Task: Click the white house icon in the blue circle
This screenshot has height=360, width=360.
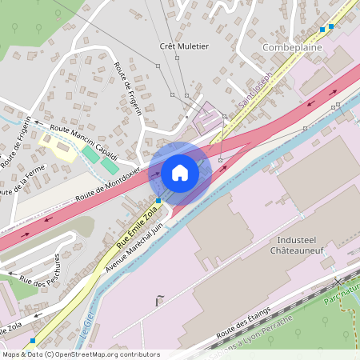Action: point(180,172)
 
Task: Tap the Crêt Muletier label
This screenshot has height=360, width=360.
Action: point(184,46)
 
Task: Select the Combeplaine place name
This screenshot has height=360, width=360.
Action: point(292,48)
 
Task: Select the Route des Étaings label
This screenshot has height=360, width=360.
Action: point(243,323)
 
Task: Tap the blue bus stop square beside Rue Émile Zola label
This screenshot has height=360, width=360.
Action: point(158,200)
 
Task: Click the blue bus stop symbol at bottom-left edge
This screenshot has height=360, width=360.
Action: point(32,341)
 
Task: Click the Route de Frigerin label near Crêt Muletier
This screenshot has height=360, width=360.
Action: point(128,88)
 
